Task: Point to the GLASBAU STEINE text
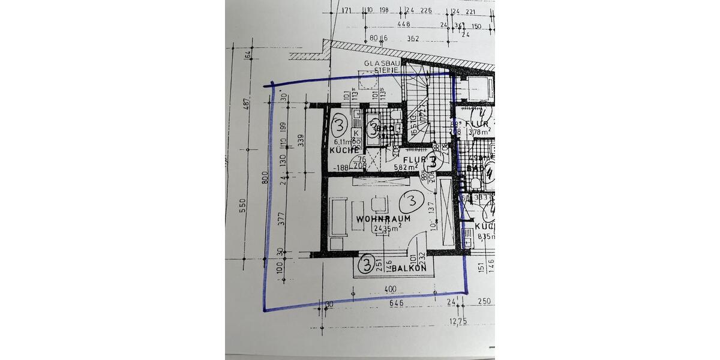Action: tap(382, 67)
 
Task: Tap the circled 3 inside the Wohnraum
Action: tap(412, 201)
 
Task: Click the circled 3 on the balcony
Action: tap(366, 263)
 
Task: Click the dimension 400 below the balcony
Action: tap(391, 290)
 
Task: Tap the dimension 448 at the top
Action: tap(403, 25)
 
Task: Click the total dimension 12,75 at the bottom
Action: tap(459, 322)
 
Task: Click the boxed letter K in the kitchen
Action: tap(355, 133)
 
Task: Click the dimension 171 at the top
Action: tap(346, 10)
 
